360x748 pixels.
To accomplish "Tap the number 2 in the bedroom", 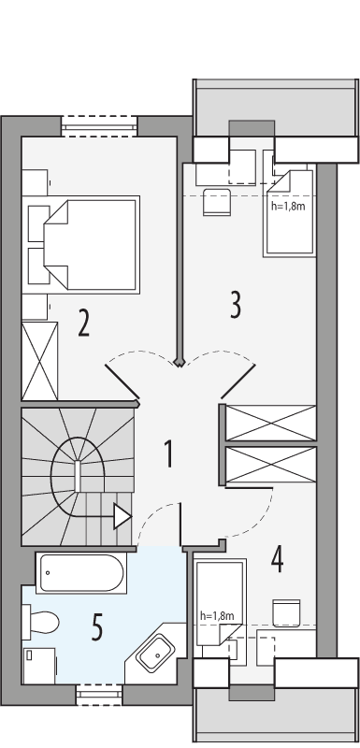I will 83,324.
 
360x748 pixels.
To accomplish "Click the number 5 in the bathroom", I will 96,627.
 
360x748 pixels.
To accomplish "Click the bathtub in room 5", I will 80,571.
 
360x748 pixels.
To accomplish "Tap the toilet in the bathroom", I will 42,620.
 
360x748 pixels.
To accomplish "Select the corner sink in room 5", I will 155,651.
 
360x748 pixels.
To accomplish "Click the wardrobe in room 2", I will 39,361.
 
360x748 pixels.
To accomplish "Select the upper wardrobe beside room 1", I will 270,422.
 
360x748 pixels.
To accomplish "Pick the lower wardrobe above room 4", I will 270,465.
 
